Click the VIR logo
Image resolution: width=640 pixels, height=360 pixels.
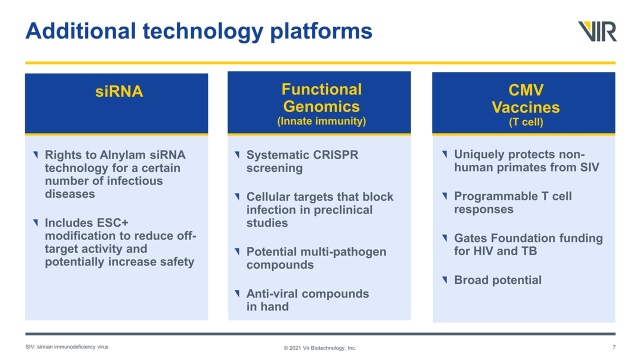click(x=597, y=31)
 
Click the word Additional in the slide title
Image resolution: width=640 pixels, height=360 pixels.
click(x=80, y=31)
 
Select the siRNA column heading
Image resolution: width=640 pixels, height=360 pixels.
click(x=119, y=91)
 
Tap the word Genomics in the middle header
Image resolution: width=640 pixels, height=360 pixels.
click(x=321, y=107)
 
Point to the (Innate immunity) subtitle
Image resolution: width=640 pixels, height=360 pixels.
click(x=321, y=121)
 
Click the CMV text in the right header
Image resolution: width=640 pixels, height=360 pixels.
click(x=526, y=90)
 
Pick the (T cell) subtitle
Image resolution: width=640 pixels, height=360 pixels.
click(x=526, y=122)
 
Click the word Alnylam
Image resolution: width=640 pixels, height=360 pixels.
click(x=122, y=155)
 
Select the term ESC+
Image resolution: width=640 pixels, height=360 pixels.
click(x=112, y=223)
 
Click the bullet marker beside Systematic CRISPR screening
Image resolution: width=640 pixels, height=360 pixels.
click(x=237, y=154)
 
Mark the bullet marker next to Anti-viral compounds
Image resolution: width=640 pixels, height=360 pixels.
click(x=237, y=293)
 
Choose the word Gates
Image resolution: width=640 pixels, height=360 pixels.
click(x=470, y=238)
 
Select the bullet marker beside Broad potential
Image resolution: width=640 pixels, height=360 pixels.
click(x=444, y=279)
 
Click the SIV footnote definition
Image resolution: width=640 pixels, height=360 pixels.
click(x=67, y=347)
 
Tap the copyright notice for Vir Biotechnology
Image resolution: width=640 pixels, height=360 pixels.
click(x=320, y=348)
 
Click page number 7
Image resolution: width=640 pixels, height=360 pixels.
click(x=614, y=347)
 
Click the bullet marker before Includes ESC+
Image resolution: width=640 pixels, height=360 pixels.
click(x=35, y=222)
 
